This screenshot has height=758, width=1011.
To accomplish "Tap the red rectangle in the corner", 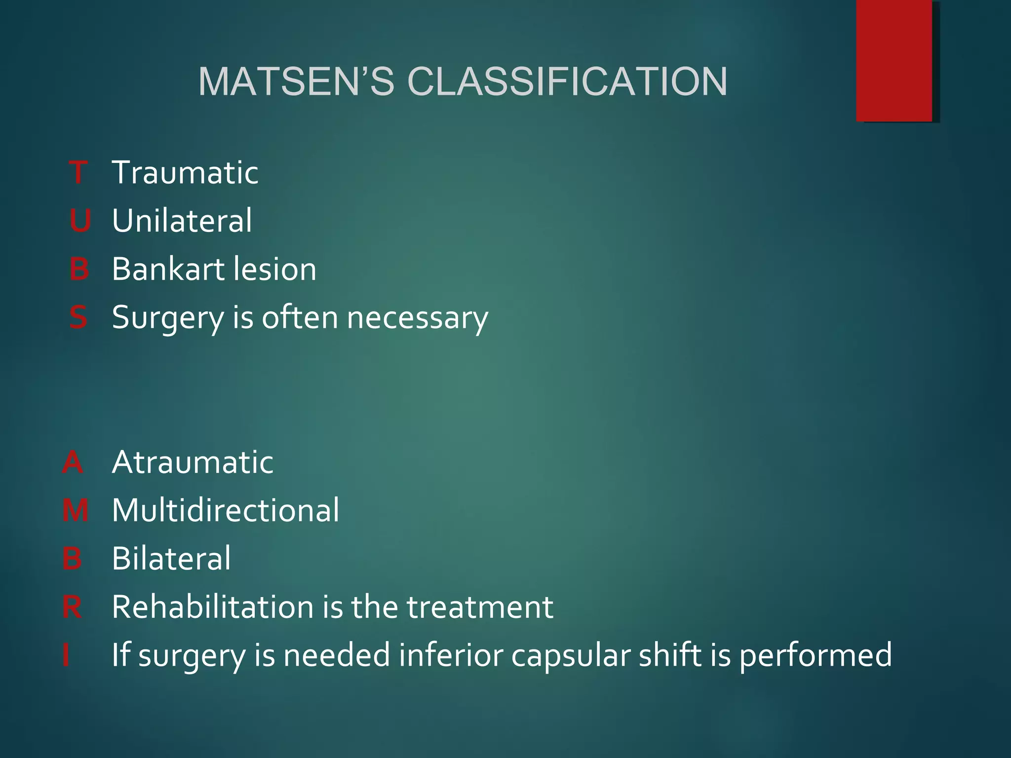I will pyautogui.click(x=894, y=60).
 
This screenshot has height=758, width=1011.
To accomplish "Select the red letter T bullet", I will pyautogui.click(x=78, y=173).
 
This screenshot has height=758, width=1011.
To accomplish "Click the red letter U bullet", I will pyautogui.click(x=79, y=221).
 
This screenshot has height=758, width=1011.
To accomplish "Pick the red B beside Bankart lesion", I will pyautogui.click(x=79, y=269).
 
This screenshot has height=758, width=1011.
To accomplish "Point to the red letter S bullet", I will pyautogui.click(x=78, y=317).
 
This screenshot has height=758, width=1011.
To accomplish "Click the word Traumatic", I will pyautogui.click(x=185, y=173).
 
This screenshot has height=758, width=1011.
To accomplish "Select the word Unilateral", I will pyautogui.click(x=182, y=221).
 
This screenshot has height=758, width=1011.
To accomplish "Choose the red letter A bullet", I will pyautogui.click(x=73, y=462).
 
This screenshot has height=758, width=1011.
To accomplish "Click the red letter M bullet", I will pyautogui.click(x=75, y=510).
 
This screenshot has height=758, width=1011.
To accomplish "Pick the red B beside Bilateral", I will pyautogui.click(x=72, y=559).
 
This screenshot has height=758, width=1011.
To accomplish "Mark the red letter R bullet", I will pyautogui.click(x=72, y=607).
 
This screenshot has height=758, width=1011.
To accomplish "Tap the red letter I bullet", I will pyautogui.click(x=66, y=655).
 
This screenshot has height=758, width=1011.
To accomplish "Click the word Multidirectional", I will pyautogui.click(x=226, y=510).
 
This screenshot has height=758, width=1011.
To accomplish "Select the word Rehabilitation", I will pyautogui.click(x=212, y=607).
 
